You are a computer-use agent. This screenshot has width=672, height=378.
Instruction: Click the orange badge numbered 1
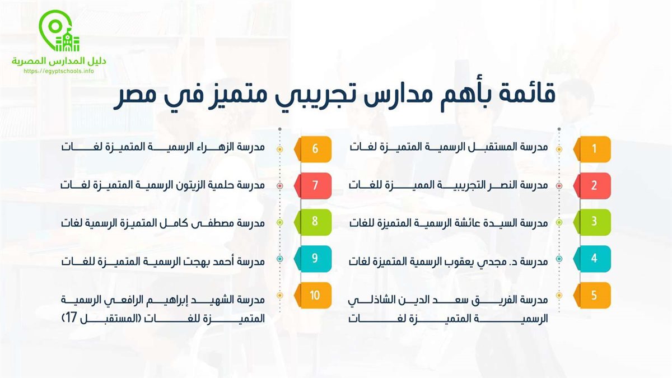point(592,149)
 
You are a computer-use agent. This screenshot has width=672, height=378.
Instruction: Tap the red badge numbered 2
point(592,186)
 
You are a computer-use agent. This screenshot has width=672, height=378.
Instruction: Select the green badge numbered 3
point(592,222)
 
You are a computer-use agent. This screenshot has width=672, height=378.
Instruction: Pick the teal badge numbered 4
point(592,259)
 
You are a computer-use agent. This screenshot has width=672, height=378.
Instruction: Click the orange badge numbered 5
point(592,295)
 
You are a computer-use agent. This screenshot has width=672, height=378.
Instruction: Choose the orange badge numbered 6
point(313,149)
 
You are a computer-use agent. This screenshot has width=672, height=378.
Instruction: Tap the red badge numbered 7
point(313,186)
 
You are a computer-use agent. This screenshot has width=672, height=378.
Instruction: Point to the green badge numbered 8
point(313,222)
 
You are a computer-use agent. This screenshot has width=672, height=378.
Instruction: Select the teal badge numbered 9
point(313,259)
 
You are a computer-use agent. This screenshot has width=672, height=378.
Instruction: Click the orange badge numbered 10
point(313,295)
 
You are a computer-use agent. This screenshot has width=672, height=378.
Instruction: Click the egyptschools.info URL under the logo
point(59,72)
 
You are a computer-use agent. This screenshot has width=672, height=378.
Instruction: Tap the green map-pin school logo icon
point(59,31)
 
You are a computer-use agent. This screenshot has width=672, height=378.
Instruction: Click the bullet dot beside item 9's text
point(280,259)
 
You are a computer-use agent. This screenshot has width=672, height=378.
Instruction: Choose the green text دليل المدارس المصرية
point(59,61)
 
